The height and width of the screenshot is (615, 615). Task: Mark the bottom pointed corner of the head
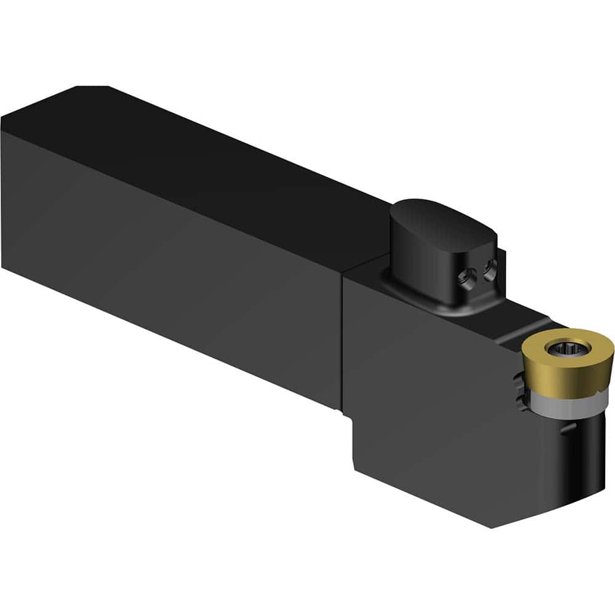click(492, 526)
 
